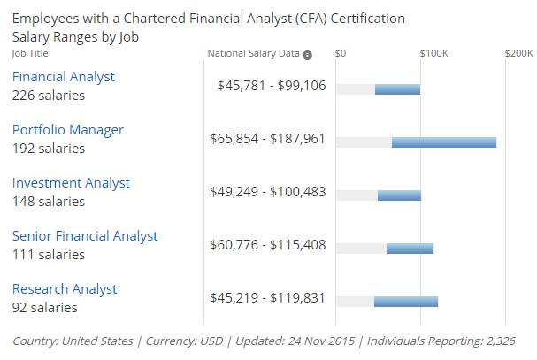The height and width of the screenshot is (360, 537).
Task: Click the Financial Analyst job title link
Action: [64, 77]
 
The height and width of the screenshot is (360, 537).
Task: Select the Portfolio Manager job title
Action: [68, 130]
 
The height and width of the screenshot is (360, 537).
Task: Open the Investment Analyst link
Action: [71, 183]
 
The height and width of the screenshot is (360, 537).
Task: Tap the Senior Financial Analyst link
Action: [85, 236]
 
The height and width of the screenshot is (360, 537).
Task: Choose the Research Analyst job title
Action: [65, 289]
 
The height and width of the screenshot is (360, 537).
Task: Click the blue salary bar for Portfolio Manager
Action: [444, 142]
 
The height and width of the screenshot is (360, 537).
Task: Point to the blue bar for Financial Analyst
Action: [397, 89]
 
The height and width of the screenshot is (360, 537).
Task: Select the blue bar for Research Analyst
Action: [406, 302]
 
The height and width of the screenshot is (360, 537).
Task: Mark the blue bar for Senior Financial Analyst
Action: [410, 249]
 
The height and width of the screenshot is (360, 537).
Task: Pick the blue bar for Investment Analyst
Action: [399, 195]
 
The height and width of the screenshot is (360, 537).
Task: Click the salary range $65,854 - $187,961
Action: [268, 139]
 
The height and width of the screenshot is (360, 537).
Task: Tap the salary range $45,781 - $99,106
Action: [272, 86]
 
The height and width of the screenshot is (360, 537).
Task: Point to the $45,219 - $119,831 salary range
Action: [268, 298]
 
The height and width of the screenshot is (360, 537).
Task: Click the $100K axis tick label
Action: [433, 54]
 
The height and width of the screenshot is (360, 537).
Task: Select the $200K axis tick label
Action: [518, 54]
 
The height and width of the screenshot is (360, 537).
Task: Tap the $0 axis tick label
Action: [341, 54]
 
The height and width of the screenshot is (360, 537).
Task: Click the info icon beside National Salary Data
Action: [308, 55]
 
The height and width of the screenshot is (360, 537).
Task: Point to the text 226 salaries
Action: [49, 96]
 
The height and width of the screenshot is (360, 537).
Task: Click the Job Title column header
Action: [31, 53]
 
